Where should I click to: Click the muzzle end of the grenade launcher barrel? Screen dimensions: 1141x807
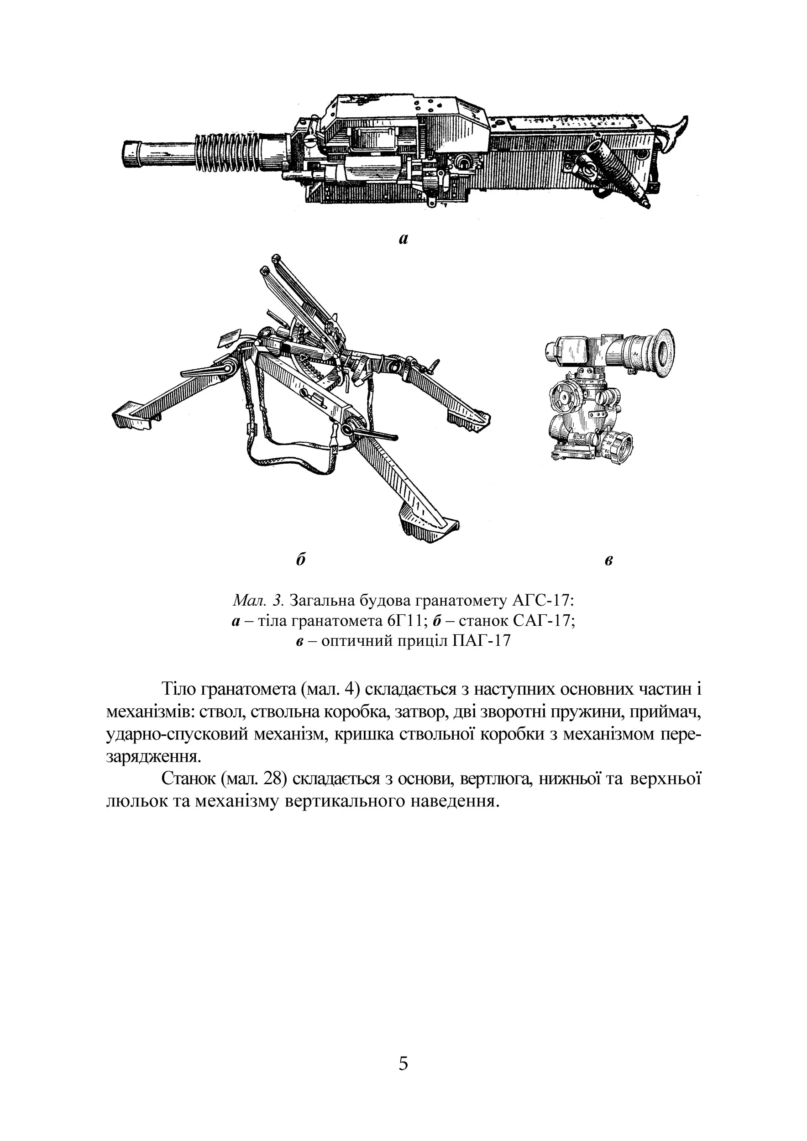click(x=130, y=154)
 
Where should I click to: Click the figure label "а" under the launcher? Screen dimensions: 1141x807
click(x=403, y=239)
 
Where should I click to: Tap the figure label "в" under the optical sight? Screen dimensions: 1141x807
click(x=609, y=560)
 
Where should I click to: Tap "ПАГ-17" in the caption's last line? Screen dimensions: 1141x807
click(x=481, y=641)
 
